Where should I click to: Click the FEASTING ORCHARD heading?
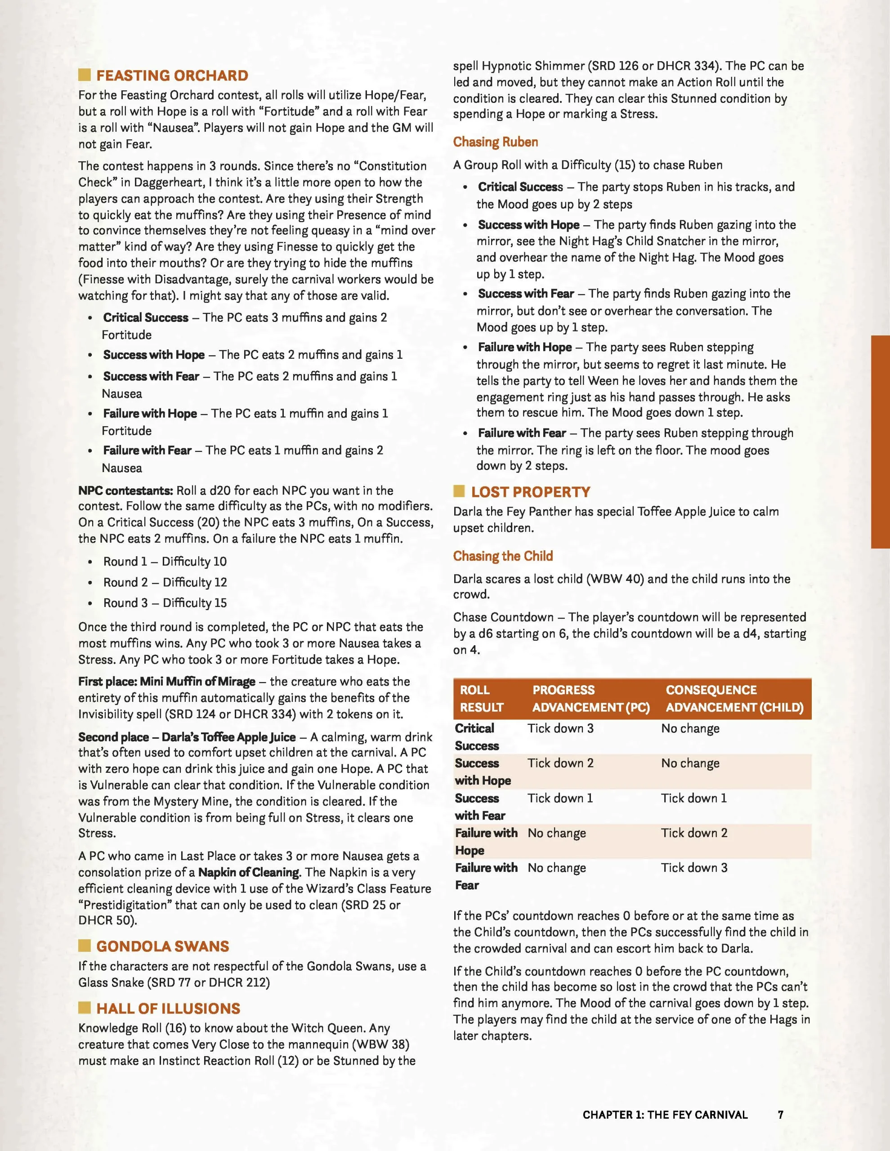(x=172, y=76)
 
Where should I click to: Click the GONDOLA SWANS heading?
(x=162, y=946)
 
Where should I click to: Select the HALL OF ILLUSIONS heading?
(x=168, y=1009)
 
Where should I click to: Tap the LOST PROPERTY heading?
(x=530, y=492)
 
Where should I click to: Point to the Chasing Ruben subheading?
(x=496, y=142)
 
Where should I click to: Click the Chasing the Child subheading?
(x=503, y=556)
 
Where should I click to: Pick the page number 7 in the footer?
(x=780, y=1115)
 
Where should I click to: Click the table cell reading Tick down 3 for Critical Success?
(x=560, y=728)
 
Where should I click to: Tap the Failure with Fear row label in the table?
(x=486, y=876)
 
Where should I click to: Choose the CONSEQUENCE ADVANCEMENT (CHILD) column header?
(x=734, y=699)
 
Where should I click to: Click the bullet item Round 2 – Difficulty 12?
(x=165, y=582)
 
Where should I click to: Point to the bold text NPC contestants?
(x=125, y=491)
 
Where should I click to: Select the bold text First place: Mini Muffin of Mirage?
(x=166, y=682)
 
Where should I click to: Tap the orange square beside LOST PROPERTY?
(x=459, y=492)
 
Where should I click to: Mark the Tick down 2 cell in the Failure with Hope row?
(x=694, y=833)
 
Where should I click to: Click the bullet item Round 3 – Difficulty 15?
(x=165, y=603)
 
